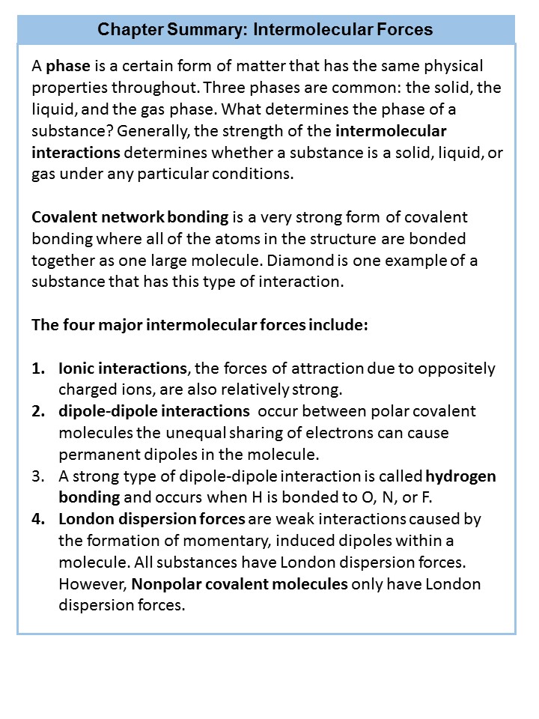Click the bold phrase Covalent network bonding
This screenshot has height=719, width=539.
[130, 218]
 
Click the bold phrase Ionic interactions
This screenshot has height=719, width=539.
[122, 369]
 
